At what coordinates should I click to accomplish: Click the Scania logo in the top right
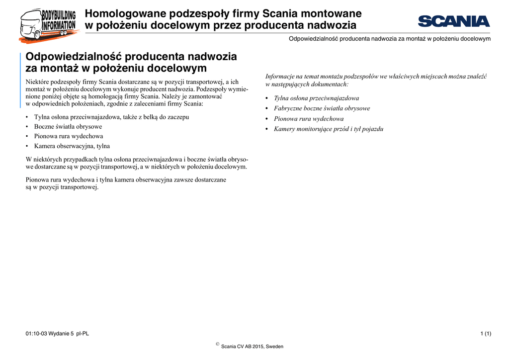453,21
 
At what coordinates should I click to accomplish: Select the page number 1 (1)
486,333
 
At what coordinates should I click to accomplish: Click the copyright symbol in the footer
218,344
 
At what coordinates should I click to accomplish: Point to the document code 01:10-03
36,333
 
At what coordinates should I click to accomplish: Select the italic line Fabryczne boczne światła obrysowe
322,108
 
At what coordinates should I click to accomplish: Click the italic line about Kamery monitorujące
329,129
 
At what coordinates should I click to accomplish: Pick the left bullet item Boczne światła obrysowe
68,127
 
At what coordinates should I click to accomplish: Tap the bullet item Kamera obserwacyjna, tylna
72,146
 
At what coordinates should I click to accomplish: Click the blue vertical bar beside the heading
20,80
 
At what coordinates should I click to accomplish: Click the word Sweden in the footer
275,347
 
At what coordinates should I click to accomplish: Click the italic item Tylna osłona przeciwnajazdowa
316,98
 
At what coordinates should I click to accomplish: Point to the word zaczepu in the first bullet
178,117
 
